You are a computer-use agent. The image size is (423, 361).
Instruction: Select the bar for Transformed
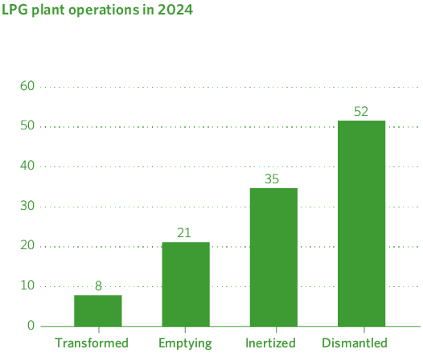point(98,310)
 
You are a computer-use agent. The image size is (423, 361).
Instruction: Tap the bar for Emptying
point(186,284)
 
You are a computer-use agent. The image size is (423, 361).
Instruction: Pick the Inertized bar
point(273,257)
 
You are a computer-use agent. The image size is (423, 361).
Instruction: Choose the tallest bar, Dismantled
point(361,224)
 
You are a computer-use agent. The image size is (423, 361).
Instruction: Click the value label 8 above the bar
point(98,285)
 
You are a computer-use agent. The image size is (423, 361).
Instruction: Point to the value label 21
point(186,232)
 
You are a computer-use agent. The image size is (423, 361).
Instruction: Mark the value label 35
point(273,178)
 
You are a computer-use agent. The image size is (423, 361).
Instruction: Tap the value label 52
point(361,111)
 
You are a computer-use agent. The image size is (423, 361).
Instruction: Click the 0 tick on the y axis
point(31,326)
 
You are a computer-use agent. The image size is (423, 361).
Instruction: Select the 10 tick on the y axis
point(27,285)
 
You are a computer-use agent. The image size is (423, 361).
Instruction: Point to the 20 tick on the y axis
point(27,245)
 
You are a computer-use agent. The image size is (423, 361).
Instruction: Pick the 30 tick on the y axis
point(27,206)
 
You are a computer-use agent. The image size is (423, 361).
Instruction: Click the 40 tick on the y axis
point(27,166)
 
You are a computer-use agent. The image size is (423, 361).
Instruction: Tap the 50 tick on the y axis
point(27,126)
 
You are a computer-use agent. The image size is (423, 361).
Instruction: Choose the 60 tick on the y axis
point(27,86)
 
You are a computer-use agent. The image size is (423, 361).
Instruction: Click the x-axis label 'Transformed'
point(92,343)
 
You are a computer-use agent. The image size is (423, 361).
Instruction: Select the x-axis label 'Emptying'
point(186,343)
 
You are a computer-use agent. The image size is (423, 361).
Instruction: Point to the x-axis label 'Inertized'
point(270,343)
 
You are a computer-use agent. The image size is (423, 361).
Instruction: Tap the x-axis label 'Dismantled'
point(355,343)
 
